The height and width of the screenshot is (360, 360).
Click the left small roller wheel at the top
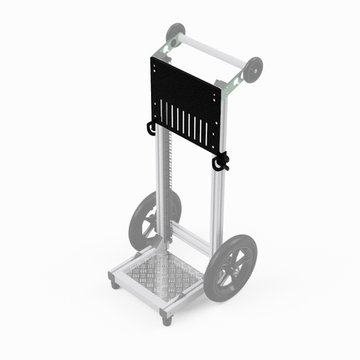pos(176,33)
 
